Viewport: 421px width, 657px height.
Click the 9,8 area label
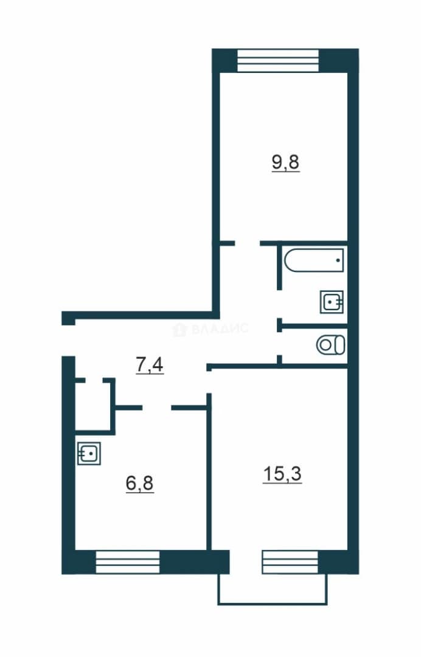[x=286, y=162]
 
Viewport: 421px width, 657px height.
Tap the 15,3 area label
[x=282, y=474]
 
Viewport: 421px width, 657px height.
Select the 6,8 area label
[x=139, y=484]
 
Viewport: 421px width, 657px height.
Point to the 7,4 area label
[x=150, y=365]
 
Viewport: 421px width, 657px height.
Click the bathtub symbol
[x=314, y=260]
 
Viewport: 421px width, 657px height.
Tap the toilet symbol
[x=331, y=346]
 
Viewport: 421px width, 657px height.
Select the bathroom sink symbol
[x=332, y=302]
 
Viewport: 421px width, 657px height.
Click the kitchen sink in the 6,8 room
[x=89, y=453]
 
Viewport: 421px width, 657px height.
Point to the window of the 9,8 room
[x=278, y=61]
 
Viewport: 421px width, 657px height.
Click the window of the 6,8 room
[x=128, y=562]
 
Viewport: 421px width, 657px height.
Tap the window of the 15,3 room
[x=290, y=562]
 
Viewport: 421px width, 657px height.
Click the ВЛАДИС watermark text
[x=220, y=328]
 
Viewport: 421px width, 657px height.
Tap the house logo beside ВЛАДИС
[x=179, y=329]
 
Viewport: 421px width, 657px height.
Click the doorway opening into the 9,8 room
[x=247, y=243]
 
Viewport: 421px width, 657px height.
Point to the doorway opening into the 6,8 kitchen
[x=157, y=407]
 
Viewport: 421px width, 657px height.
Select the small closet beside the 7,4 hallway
[x=93, y=405]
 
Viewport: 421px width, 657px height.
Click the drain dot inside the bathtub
[x=338, y=260]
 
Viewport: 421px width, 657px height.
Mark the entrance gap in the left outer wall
[x=68, y=340]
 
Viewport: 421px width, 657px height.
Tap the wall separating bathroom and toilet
[x=314, y=326]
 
